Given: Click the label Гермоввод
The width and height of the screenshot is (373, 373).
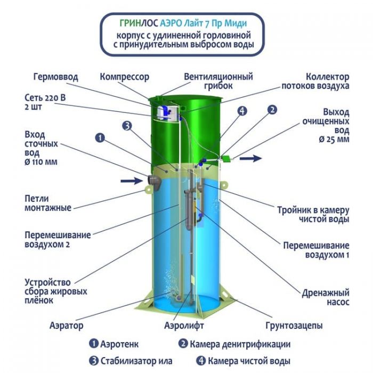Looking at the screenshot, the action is click(x=55, y=77).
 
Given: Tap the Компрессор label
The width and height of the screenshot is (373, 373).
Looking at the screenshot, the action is click(x=124, y=77).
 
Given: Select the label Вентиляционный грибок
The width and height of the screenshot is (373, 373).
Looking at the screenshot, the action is click(x=218, y=81).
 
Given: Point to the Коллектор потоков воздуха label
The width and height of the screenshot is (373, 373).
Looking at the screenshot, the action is click(x=315, y=81).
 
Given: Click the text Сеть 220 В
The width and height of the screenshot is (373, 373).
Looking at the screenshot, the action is click(x=45, y=98).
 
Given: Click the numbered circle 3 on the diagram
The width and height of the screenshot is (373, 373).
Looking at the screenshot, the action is click(x=127, y=126).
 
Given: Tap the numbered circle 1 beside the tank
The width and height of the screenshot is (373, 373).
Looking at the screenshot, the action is click(x=100, y=137).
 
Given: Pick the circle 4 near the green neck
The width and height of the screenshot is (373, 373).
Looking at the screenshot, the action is click(x=242, y=111).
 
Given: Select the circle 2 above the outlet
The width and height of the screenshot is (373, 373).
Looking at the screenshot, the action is click(x=272, y=110).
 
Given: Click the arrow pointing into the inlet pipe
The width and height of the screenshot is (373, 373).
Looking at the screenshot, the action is click(x=132, y=181).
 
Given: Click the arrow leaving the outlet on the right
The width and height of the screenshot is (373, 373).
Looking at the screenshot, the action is click(x=251, y=158).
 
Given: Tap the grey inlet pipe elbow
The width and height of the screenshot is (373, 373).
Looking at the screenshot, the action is click(x=155, y=182).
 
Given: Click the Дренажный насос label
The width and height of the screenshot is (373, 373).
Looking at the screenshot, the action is click(x=326, y=297).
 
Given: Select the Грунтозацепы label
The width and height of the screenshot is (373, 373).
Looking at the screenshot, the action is click(x=294, y=325).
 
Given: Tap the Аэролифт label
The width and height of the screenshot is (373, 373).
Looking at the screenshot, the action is click(x=184, y=325).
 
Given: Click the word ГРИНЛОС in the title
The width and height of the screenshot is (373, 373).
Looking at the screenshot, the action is click(x=139, y=23).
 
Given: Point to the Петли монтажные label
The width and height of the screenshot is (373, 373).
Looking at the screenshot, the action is click(x=48, y=203).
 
